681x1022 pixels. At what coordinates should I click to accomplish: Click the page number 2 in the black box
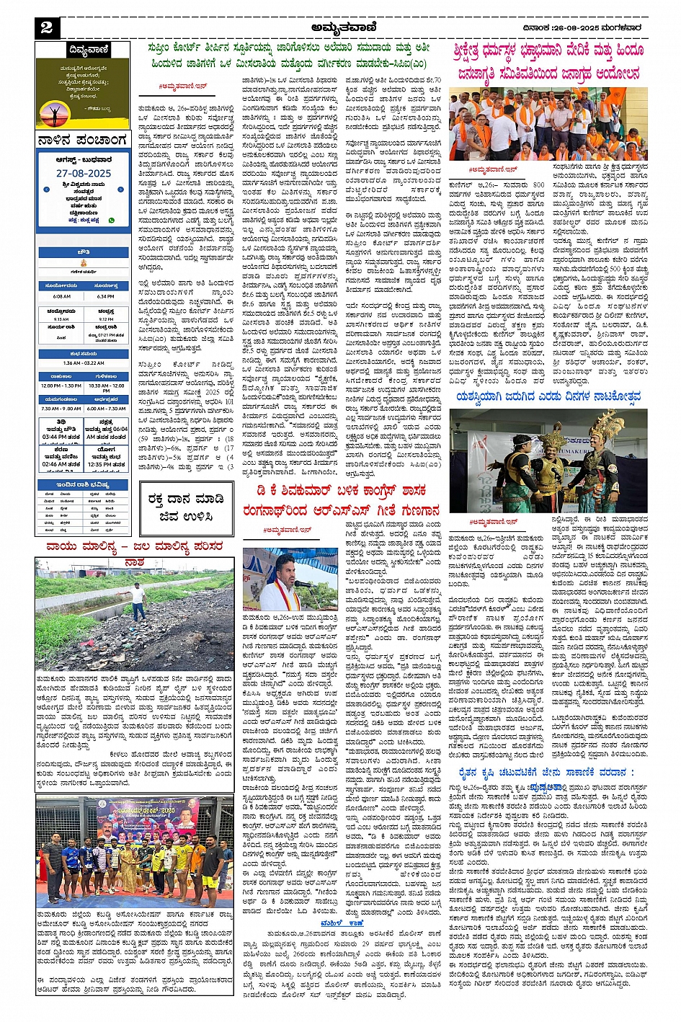click(46, 28)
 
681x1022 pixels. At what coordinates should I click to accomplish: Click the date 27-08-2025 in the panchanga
click(84, 174)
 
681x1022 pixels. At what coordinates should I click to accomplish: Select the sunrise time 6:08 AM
click(61, 296)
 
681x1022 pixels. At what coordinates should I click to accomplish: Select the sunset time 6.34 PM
click(105, 296)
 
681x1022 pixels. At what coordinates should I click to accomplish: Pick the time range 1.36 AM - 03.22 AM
click(84, 363)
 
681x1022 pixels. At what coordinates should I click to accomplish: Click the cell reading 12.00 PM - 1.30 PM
click(61, 386)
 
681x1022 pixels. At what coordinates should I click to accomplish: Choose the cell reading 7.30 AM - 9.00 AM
click(61, 409)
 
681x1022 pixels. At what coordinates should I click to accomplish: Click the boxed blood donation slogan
click(186, 507)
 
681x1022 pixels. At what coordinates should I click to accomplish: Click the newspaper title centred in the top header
click(339, 27)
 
